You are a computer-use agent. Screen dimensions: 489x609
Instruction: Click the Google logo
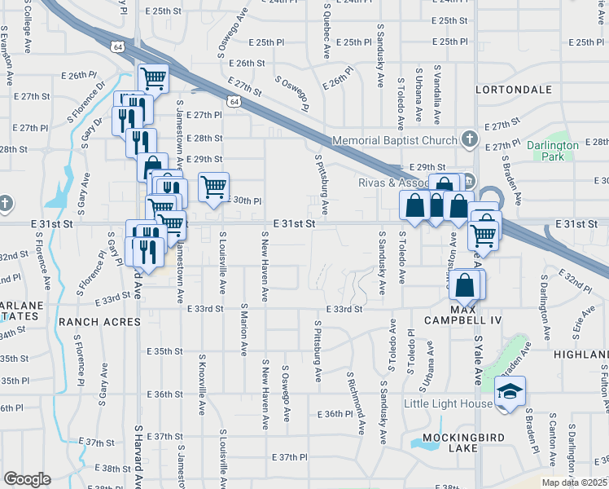pyautogui.click(x=27, y=479)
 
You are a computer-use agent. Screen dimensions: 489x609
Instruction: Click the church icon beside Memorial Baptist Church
pyautogui.click(x=469, y=139)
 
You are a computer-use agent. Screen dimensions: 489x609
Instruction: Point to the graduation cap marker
pyautogui.click(x=510, y=394)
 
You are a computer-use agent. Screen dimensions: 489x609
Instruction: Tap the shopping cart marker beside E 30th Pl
pyautogui.click(x=213, y=187)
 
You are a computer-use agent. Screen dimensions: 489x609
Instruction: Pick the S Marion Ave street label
pyautogui.click(x=243, y=331)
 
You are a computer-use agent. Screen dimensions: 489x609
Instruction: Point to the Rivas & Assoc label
pyautogui.click(x=392, y=183)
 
